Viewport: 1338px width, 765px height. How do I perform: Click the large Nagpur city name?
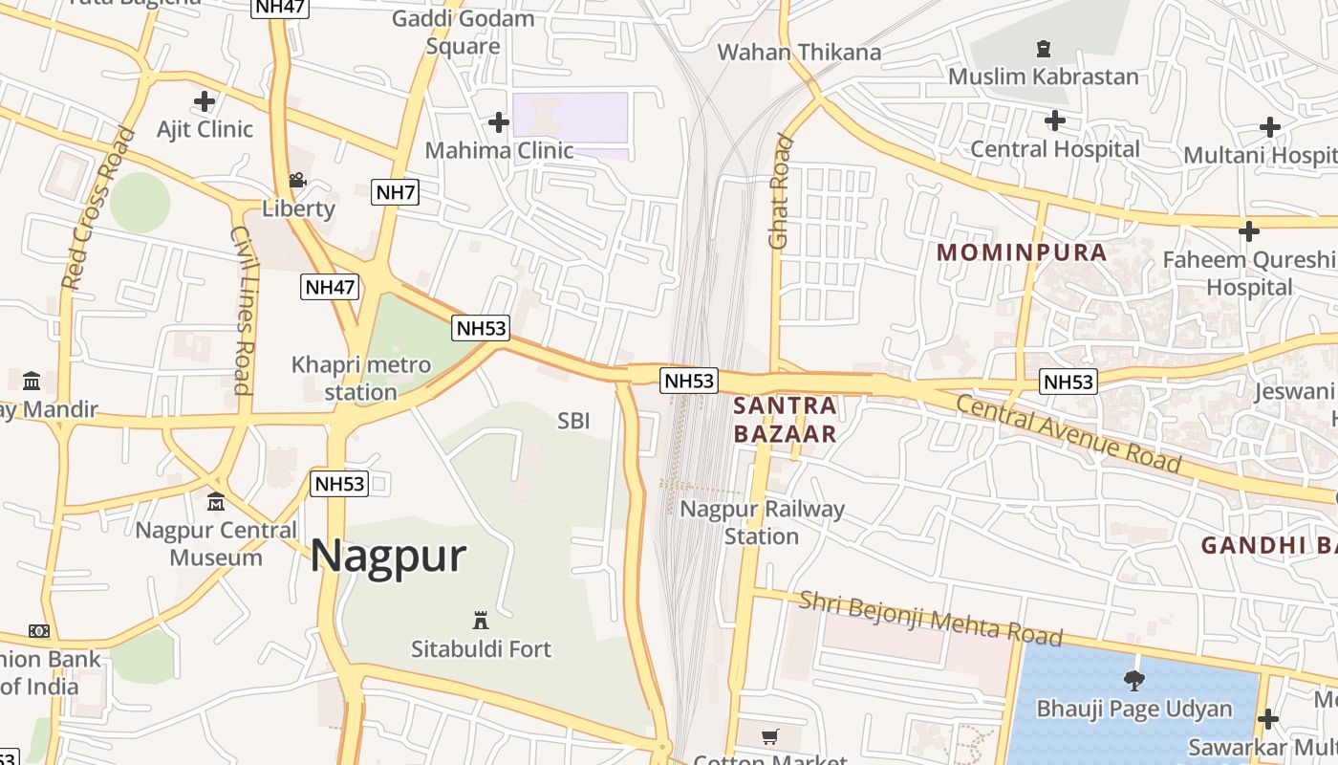388,557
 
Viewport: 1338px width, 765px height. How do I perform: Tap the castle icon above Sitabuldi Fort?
481,621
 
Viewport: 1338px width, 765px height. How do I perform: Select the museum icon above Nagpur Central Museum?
216,501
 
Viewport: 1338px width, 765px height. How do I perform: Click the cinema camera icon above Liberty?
297,180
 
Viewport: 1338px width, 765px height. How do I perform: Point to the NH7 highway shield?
395,192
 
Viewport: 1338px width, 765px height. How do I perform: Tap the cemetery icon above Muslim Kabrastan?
1043,48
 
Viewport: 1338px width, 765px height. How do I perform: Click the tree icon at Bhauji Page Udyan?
1134,681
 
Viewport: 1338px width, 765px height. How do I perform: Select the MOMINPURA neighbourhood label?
1022,253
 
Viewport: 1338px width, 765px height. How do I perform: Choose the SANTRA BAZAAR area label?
785,420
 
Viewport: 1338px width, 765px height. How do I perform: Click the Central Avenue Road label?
1068,433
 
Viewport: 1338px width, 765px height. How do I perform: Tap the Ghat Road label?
781,191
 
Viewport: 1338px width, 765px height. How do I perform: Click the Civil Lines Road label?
242,310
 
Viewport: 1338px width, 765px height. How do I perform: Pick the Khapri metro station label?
361,378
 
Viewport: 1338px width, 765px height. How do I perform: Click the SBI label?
573,421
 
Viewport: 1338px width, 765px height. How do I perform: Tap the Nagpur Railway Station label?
762,522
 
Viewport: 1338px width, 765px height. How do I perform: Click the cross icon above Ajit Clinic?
205,101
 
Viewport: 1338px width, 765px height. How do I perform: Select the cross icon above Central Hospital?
1054,120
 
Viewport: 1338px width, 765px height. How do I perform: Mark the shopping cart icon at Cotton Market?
770,736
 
